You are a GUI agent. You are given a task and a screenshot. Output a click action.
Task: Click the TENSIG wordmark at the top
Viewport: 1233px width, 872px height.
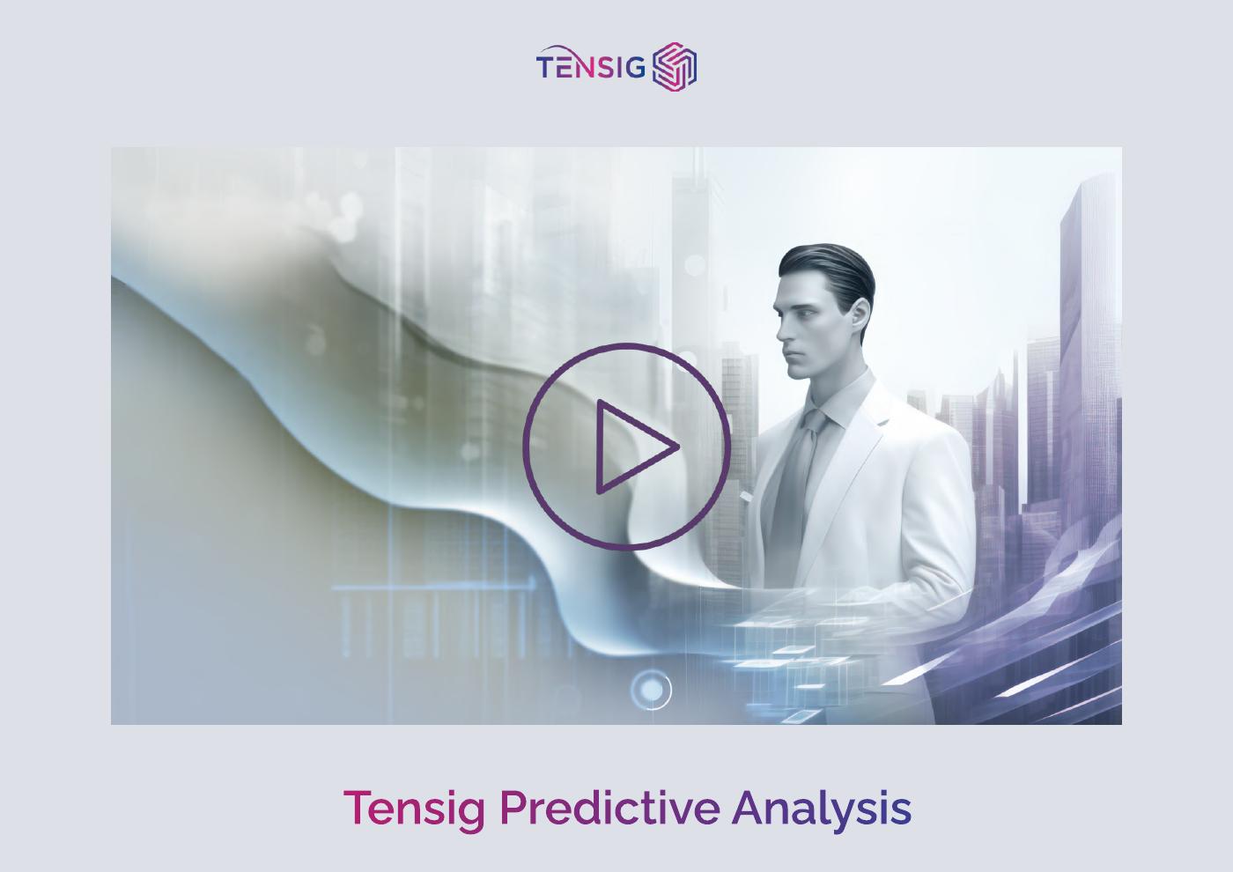pos(591,67)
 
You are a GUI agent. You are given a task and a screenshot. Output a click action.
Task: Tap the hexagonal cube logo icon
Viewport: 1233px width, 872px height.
pos(675,67)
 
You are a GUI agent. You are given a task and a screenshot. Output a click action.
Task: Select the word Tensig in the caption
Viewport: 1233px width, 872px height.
pos(414,809)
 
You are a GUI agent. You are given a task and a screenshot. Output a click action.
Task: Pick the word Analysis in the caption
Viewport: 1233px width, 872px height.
pos(821,809)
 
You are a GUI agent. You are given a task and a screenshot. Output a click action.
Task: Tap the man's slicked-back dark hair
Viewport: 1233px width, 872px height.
pos(828,264)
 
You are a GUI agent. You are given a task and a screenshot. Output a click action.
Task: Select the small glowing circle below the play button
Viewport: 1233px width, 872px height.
pos(651,690)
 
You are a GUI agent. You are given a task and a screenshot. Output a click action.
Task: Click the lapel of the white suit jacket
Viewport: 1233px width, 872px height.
pos(868,440)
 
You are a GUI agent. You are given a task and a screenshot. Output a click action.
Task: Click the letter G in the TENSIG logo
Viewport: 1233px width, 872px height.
pos(636,68)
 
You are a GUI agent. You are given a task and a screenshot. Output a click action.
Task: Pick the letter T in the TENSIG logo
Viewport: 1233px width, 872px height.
pos(546,68)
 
